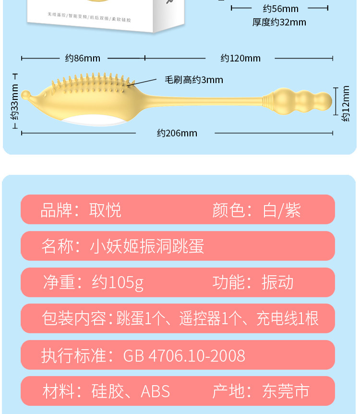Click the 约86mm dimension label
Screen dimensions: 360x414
click(x=83, y=58)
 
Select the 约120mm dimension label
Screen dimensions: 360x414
click(x=240, y=58)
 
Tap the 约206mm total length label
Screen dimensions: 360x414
click(x=177, y=133)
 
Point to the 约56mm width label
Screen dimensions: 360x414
click(x=280, y=9)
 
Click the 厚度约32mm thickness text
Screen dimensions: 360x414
click(x=279, y=22)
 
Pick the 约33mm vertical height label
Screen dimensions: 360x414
click(x=14, y=102)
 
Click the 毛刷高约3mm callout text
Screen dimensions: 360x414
click(x=194, y=80)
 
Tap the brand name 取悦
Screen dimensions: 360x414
click(x=105, y=210)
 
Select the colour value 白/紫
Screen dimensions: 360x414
click(x=282, y=210)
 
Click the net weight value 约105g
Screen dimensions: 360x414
click(x=118, y=282)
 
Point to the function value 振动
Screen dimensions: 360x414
click(x=277, y=282)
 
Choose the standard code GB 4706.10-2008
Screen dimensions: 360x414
click(x=184, y=356)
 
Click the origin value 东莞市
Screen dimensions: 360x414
click(x=286, y=391)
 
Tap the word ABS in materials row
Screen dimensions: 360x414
click(x=155, y=391)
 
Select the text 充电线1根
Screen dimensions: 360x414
click(x=288, y=318)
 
